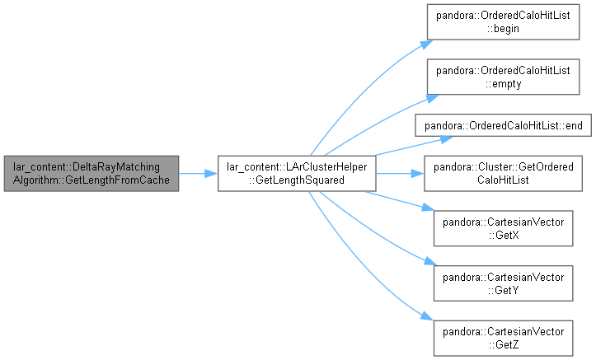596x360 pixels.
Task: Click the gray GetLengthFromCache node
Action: (x=92, y=174)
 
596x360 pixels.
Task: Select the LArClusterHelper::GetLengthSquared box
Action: (x=297, y=174)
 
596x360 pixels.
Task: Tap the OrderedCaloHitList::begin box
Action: (x=503, y=22)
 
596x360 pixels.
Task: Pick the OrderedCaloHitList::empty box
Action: (x=503, y=77)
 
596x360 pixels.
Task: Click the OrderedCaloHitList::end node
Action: (x=503, y=125)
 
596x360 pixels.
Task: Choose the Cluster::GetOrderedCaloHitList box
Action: (x=503, y=174)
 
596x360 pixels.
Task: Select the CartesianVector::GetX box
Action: (x=503, y=228)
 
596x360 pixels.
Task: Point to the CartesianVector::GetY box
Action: (x=503, y=283)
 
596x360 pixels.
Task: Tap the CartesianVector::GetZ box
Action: (x=503, y=338)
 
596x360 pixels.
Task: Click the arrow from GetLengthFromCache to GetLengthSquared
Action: (x=198, y=174)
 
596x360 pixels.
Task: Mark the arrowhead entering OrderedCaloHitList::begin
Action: (x=427, y=44)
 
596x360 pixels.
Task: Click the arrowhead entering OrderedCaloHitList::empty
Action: (x=433, y=98)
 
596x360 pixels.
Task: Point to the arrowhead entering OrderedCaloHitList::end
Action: (x=447, y=139)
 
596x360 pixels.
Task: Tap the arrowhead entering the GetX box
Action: (x=428, y=208)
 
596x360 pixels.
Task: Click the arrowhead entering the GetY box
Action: (x=430, y=261)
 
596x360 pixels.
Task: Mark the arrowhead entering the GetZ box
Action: (x=427, y=316)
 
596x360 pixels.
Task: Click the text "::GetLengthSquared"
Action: (x=297, y=180)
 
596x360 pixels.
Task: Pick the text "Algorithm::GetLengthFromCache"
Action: (x=92, y=180)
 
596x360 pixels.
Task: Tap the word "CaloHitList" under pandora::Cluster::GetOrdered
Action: (x=503, y=180)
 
